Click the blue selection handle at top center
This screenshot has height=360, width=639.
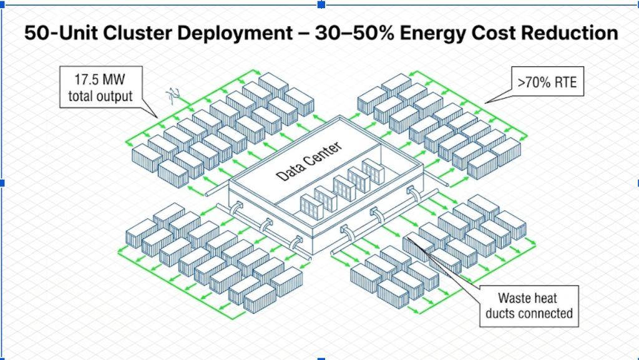(x=321, y=4)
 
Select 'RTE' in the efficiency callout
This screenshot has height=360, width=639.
(x=563, y=81)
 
